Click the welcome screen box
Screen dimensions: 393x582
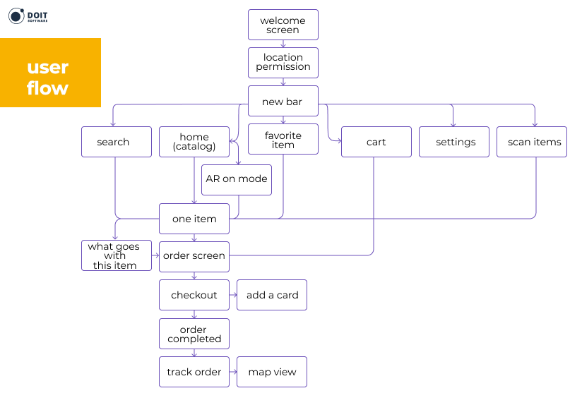(283, 25)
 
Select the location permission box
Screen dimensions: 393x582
(283, 62)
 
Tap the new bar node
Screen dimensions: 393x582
(283, 102)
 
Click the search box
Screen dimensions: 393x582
(117, 142)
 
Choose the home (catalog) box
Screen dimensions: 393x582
(194, 142)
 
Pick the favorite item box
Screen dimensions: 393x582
(283, 139)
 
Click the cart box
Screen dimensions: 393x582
(376, 142)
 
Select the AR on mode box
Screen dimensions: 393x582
(237, 179)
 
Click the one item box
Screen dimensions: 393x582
(194, 219)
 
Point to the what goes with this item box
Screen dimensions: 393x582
(117, 255)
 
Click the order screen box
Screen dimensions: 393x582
(194, 255)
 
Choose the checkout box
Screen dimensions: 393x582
(194, 295)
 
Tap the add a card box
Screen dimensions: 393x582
(272, 295)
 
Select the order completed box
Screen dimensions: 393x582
(194, 334)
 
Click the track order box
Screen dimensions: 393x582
(194, 372)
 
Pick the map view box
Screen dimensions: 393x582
(272, 372)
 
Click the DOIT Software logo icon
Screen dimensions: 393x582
(17, 16)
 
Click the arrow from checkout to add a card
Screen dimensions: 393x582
(233, 295)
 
